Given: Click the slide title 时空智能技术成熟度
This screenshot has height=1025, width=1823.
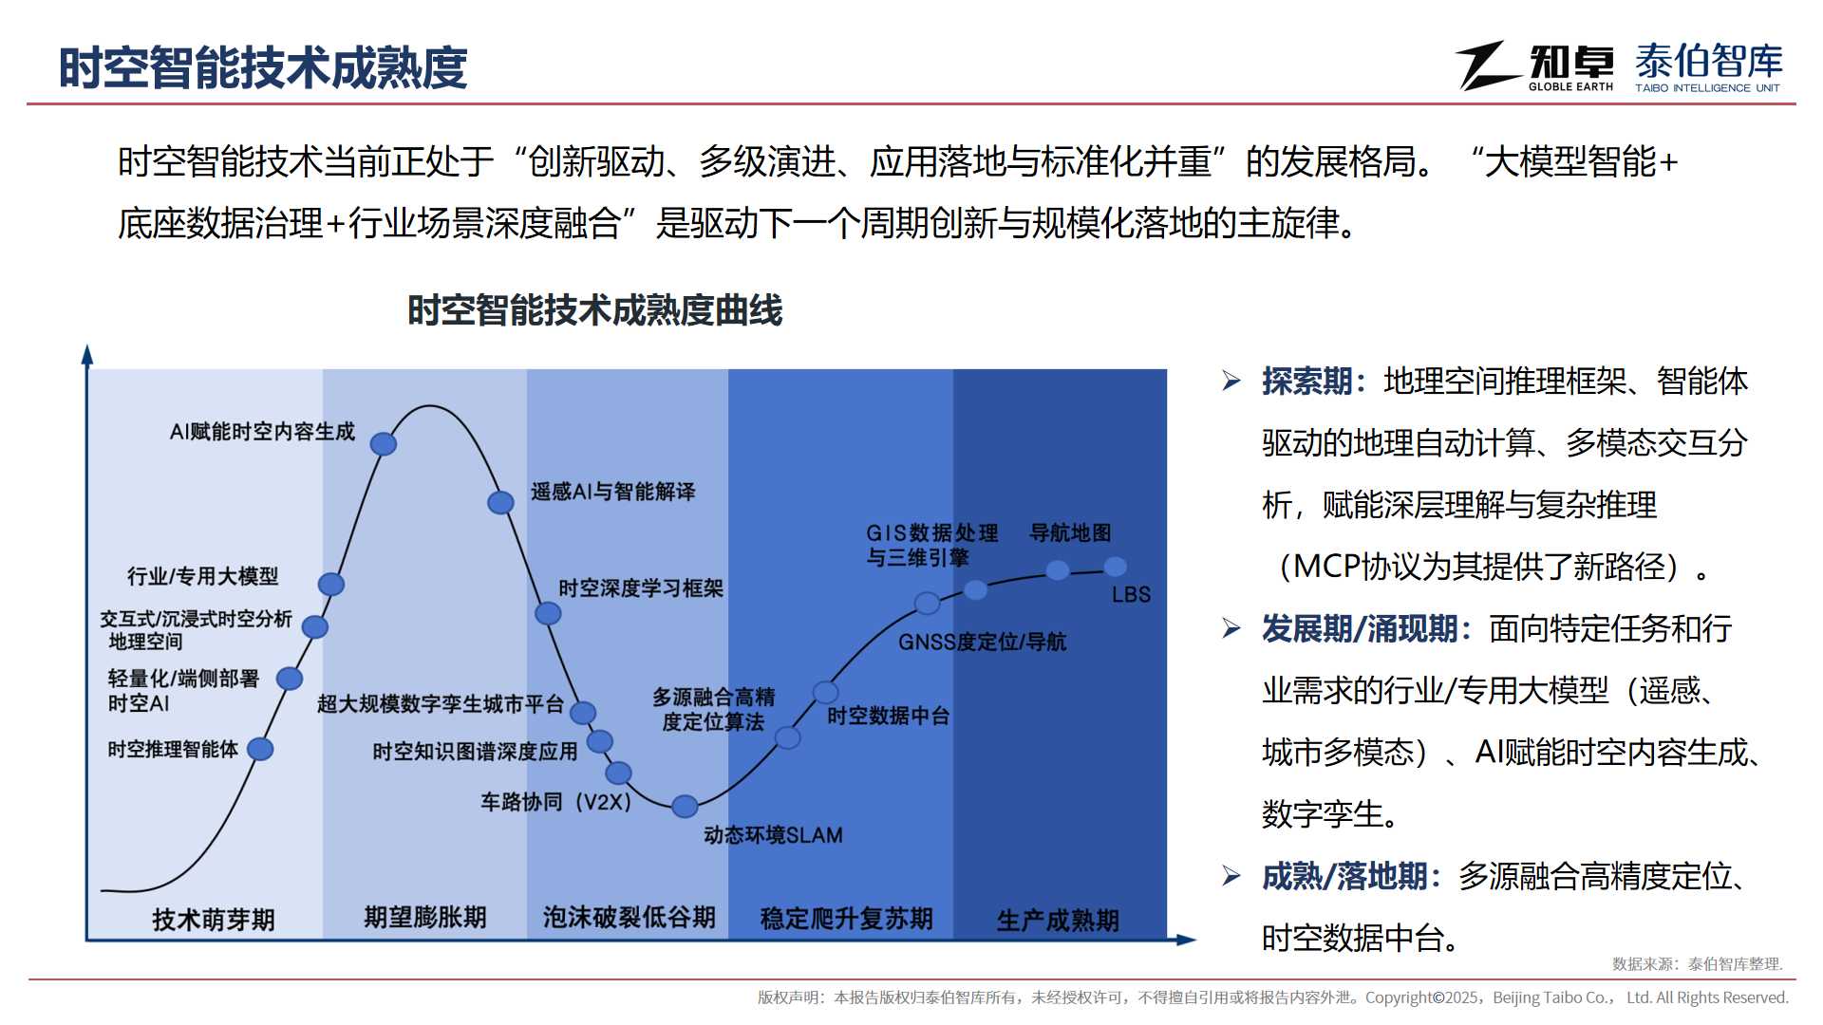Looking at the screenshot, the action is click(263, 67).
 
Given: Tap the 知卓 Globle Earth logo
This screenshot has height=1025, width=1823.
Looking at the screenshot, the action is click(1534, 66).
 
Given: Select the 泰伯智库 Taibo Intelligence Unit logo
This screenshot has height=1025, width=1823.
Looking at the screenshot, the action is click(1708, 67).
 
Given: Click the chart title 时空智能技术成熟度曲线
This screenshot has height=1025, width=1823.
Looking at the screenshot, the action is click(595, 310).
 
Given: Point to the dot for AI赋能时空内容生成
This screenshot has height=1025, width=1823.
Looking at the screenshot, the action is click(383, 443).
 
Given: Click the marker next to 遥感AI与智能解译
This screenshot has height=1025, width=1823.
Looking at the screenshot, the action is click(500, 502).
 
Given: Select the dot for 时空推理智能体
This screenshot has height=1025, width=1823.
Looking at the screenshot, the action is click(260, 749).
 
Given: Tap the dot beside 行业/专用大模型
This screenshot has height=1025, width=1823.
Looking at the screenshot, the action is click(330, 584).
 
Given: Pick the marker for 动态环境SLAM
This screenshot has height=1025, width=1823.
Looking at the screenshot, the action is click(685, 807).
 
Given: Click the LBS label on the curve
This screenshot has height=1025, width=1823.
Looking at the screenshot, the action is click(1131, 595).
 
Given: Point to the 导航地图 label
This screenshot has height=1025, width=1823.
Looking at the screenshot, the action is click(1070, 532).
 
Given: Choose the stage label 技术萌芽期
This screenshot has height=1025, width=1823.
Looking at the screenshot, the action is click(214, 919).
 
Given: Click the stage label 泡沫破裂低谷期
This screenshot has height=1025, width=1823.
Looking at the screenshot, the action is click(630, 917).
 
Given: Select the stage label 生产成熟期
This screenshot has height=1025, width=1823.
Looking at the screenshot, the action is click(1058, 920).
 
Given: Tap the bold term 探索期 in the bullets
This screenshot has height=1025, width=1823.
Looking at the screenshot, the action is click(1306, 382).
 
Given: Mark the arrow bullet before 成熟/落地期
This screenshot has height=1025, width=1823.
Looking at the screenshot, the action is click(1231, 876).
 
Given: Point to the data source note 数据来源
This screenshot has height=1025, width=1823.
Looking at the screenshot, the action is click(1698, 964).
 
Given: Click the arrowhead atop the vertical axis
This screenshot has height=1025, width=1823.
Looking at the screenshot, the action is click(87, 355).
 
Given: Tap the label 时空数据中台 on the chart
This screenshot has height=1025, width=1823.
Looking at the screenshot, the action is click(888, 716).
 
